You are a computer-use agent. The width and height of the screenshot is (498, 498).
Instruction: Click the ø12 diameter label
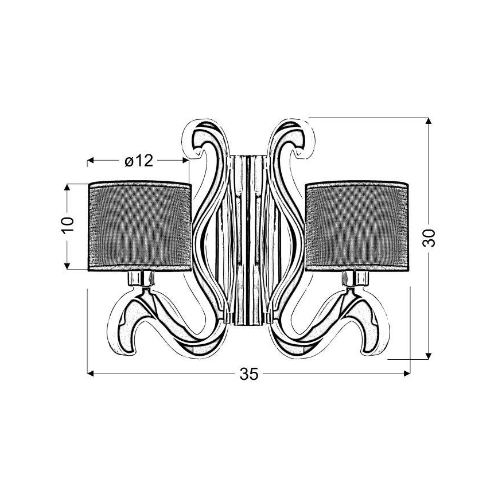139,161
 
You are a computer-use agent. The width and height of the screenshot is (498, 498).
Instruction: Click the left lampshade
139,225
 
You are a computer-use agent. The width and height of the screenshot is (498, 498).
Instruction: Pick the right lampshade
357,225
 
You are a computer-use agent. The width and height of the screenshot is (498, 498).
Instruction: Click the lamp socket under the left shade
139,279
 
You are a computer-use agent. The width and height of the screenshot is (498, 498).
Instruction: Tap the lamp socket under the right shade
357,279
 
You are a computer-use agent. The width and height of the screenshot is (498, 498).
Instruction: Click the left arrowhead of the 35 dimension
90,374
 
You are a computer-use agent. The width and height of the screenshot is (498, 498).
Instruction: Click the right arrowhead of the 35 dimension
408,374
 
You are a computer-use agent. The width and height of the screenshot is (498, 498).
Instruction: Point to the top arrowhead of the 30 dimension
428,121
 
